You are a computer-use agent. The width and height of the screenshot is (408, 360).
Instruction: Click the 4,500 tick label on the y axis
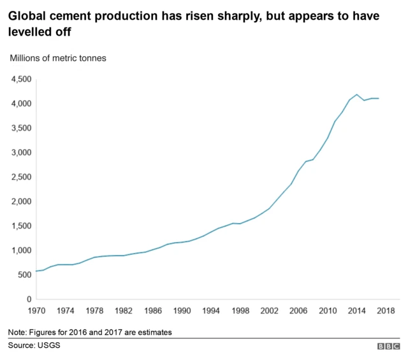(20, 79)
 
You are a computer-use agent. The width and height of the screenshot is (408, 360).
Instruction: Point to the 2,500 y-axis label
(20, 177)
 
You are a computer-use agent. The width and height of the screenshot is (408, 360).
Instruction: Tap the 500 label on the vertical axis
(23, 275)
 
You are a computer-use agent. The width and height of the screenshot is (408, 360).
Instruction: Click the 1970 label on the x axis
(36, 311)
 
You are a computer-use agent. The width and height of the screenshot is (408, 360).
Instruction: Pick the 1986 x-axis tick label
(153, 311)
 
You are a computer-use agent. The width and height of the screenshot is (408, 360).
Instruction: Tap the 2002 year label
(269, 311)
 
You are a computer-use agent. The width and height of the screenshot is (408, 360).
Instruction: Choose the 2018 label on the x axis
(386, 311)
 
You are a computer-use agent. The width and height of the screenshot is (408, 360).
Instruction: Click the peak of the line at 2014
(357, 94)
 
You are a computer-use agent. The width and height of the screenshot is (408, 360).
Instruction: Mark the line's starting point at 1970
(37, 271)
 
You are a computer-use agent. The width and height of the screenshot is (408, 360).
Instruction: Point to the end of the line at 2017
(379, 98)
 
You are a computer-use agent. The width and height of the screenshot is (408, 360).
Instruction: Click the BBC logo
(388, 347)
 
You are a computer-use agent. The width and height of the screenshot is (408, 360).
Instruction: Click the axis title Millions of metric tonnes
(57, 58)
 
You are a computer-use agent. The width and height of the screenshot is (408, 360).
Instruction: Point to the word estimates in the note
(154, 332)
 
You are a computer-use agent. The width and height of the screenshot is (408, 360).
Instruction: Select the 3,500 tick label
(20, 128)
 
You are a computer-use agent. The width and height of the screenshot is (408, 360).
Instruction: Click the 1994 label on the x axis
(211, 311)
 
